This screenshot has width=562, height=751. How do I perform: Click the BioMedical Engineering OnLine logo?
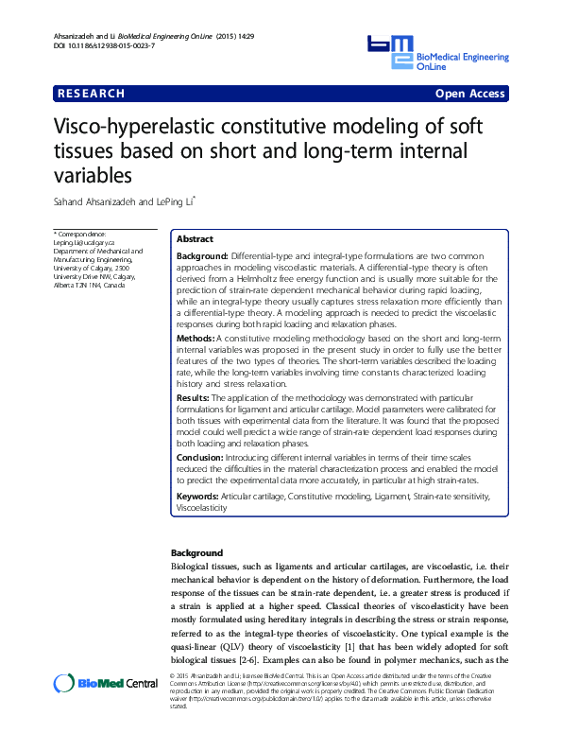435,53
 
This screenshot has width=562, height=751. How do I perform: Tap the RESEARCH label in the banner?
92,94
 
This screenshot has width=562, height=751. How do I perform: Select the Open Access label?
469,94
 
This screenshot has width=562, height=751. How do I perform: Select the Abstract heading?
196,240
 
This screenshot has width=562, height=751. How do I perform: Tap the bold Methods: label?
196,337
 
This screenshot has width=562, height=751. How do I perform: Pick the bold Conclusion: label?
200,457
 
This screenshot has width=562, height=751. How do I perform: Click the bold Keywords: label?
198,496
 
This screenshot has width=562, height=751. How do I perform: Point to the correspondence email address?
84,242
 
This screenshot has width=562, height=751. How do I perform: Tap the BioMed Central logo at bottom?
106,683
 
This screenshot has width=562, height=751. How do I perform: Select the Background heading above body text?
196,552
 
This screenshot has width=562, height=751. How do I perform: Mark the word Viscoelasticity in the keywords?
202,507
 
